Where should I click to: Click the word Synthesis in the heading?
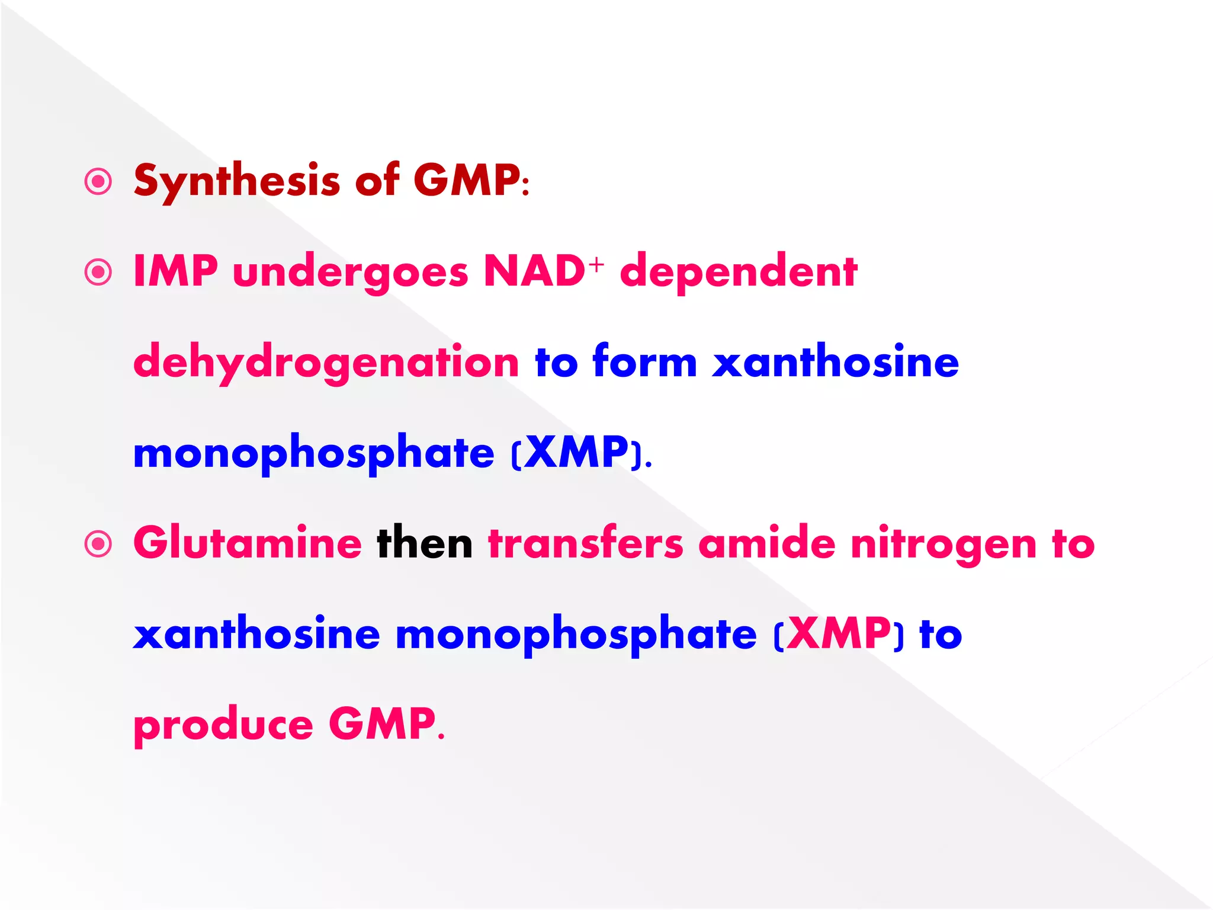237,181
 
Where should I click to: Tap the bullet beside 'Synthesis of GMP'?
98,182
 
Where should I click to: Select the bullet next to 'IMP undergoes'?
98,273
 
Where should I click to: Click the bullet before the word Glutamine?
98,544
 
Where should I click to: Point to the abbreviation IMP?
175,272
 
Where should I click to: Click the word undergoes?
351,274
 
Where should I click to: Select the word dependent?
738,273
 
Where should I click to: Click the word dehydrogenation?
326,363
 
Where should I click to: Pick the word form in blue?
644,362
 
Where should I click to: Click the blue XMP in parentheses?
576,453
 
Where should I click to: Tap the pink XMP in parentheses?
839,635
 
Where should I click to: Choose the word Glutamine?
248,543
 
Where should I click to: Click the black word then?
425,543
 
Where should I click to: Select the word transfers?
585,543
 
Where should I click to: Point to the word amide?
766,543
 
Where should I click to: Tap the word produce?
223,726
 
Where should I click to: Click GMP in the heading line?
467,181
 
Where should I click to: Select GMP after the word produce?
382,725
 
